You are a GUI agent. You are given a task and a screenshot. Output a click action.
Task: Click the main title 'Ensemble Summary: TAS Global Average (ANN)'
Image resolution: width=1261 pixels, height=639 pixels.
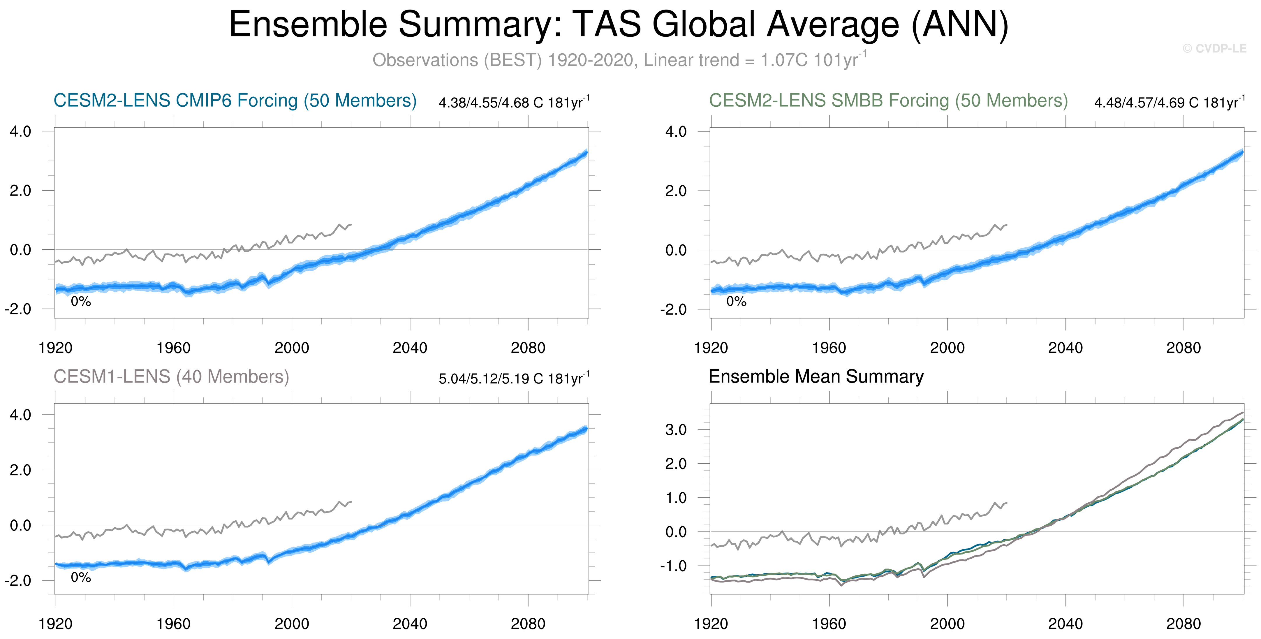click(x=619, y=24)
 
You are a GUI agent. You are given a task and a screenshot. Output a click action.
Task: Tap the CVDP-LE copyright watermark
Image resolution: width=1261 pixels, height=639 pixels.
click(x=1214, y=48)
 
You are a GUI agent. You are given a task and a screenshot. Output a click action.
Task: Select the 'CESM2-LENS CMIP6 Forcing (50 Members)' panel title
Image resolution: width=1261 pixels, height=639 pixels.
click(x=235, y=100)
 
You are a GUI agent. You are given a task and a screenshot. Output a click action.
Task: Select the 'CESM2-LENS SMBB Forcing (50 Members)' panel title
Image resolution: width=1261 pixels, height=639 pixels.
click(x=888, y=100)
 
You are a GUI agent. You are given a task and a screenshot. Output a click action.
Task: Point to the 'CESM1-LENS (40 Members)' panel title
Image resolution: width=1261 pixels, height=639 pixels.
click(x=171, y=376)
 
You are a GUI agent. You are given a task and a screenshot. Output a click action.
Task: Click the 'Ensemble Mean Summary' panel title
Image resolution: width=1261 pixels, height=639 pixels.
click(x=816, y=376)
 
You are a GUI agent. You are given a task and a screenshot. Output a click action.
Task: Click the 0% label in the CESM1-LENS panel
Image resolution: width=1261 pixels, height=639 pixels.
click(x=81, y=577)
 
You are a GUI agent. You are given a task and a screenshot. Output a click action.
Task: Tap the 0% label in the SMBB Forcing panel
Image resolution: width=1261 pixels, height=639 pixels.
click(x=736, y=301)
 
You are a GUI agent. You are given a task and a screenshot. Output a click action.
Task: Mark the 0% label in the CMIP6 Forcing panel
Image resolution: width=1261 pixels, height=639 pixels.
click(x=81, y=301)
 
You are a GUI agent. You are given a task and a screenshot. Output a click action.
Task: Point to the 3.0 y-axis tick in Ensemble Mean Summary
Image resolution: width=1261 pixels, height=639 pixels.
click(x=676, y=430)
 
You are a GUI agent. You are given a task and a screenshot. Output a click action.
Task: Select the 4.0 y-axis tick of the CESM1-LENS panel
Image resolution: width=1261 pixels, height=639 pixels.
click(x=21, y=415)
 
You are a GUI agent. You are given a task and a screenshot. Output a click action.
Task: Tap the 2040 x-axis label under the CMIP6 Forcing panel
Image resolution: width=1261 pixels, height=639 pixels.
click(x=410, y=348)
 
